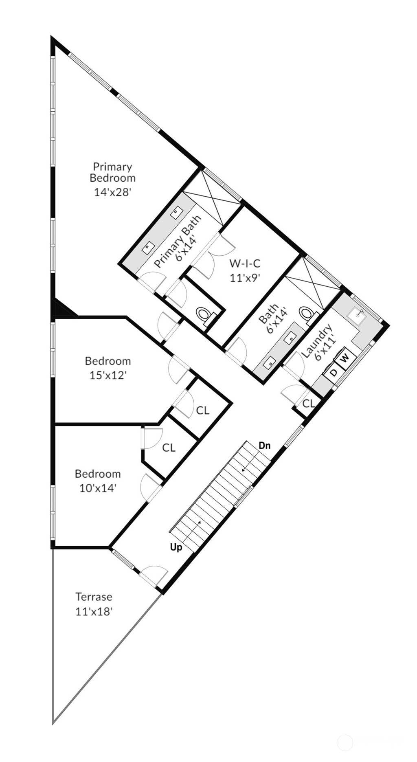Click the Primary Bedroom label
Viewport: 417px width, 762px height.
[x=112, y=172]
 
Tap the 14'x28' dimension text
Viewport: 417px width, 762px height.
[x=112, y=192]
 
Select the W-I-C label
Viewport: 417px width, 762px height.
[x=245, y=263]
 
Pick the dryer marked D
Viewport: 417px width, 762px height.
[x=333, y=372]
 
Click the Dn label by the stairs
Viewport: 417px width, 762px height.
[x=265, y=446]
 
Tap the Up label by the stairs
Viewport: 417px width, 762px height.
[x=176, y=548]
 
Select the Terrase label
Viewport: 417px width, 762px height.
[x=94, y=597]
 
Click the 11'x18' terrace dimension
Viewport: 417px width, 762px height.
[x=94, y=611]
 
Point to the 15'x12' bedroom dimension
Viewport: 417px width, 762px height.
[x=108, y=375]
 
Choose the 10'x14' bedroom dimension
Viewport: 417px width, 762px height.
[x=98, y=488]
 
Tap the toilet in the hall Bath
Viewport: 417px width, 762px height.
[x=308, y=314]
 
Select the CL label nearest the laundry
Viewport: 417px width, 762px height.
[x=309, y=403]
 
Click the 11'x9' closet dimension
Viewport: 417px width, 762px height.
[x=245, y=278]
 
